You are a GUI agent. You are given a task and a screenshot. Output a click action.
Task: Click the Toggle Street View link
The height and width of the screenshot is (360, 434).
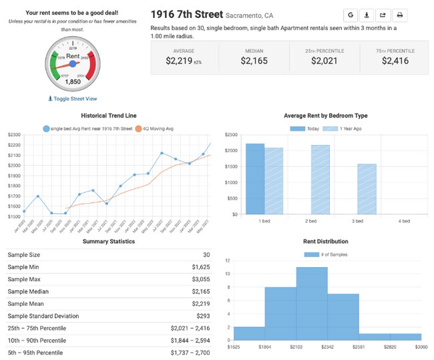pyautogui.click(x=73, y=98)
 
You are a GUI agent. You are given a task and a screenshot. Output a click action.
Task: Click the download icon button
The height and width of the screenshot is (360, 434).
pyautogui.click(x=367, y=15)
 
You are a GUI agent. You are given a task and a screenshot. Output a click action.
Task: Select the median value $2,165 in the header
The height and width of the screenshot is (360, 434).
pyautogui.click(x=254, y=61)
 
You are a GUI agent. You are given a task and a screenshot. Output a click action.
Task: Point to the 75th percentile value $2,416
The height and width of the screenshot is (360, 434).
pyautogui.click(x=394, y=61)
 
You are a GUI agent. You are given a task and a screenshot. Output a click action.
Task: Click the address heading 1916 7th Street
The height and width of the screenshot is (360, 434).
pyautogui.click(x=187, y=14)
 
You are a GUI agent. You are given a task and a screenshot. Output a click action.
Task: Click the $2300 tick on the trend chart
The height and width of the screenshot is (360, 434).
pyautogui.click(x=14, y=135)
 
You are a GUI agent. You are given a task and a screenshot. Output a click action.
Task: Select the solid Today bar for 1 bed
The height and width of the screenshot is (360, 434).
pyautogui.click(x=254, y=178)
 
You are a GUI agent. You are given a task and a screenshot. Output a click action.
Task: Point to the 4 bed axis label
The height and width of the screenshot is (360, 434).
pyautogui.click(x=403, y=220)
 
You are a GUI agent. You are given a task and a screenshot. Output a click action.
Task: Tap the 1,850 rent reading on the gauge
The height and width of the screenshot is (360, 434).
pyautogui.click(x=73, y=82)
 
